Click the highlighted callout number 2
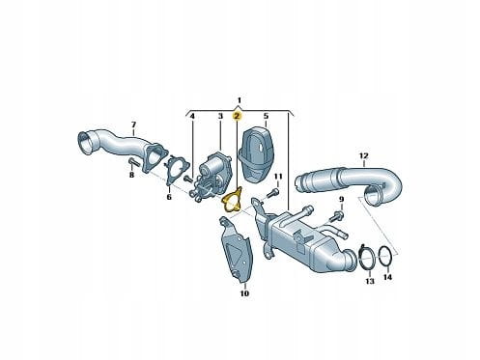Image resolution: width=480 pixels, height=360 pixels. tap(237, 116)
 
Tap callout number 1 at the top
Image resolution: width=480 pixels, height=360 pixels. tap(239, 99)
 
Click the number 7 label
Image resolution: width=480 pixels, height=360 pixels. tap(133, 125)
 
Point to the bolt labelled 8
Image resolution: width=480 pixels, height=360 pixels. tap(133, 162)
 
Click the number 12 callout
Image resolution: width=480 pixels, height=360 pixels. tap(363, 156)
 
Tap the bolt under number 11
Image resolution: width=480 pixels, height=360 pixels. tap(271, 193)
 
